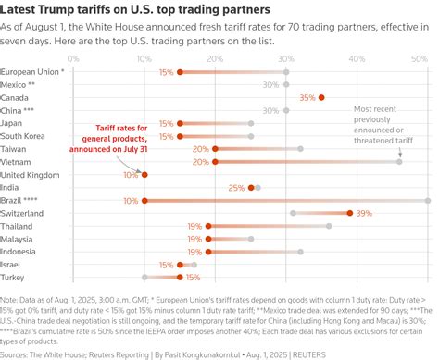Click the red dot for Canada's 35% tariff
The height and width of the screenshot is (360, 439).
(321, 97)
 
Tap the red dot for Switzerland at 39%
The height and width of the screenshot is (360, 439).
(349, 212)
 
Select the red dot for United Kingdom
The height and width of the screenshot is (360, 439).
(144, 174)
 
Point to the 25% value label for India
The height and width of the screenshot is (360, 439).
(234, 187)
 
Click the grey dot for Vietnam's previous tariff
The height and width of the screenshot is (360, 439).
(399, 161)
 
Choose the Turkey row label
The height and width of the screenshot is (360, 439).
(12, 277)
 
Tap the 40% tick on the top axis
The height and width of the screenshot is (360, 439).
(357, 57)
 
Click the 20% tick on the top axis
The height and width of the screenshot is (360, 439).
(216, 57)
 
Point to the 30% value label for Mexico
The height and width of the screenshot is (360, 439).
(270, 84)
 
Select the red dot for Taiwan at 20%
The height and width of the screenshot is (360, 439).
(215, 148)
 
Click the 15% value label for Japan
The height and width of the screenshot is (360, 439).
(166, 123)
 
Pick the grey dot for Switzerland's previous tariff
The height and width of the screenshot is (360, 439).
(294, 212)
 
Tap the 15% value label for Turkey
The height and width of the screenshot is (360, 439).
(194, 277)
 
